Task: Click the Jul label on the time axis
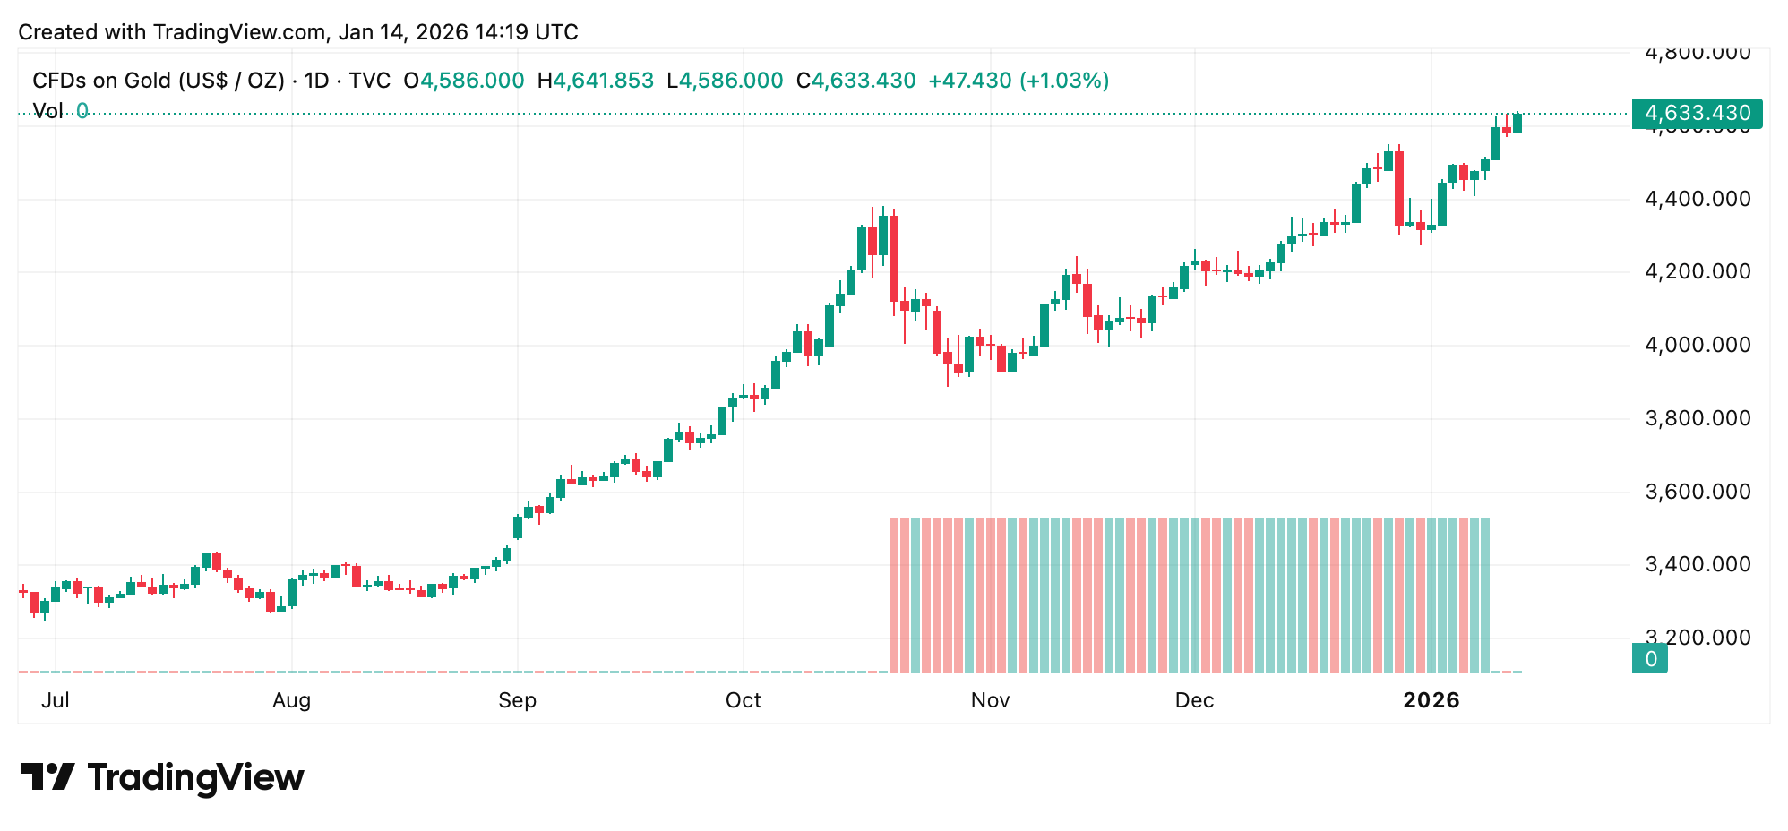pos(56,700)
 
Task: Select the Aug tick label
pos(291,700)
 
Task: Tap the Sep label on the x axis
pos(517,700)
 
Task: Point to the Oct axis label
pos(743,700)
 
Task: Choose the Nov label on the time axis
pos(990,700)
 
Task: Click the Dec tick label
pos(1194,700)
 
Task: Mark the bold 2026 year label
pos(1431,700)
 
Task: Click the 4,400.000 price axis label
pos(1698,199)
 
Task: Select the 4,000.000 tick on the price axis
pos(1698,345)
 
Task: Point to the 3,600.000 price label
pos(1698,492)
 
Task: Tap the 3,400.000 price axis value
pos(1698,564)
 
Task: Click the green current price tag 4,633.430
pos(1697,114)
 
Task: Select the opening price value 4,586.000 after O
pos(472,81)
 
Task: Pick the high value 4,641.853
pos(603,81)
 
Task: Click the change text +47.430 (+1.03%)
pos(1019,81)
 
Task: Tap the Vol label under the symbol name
pos(47,111)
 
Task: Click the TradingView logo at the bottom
pos(162,777)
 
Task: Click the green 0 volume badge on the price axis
pos(1650,659)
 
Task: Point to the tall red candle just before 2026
pos(1398,188)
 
